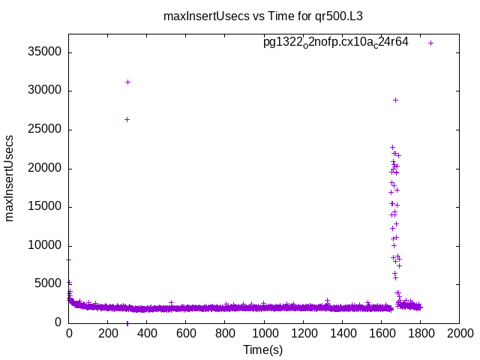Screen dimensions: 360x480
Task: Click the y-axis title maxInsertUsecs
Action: point(10,178)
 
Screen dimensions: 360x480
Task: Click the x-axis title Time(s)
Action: point(262,349)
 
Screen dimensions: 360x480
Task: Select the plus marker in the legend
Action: point(430,43)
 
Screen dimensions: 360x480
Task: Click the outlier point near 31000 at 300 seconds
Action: point(127,82)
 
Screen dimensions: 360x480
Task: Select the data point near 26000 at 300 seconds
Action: point(127,119)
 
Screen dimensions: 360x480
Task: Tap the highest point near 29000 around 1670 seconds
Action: point(395,100)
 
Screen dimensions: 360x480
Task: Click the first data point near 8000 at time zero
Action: point(69,259)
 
